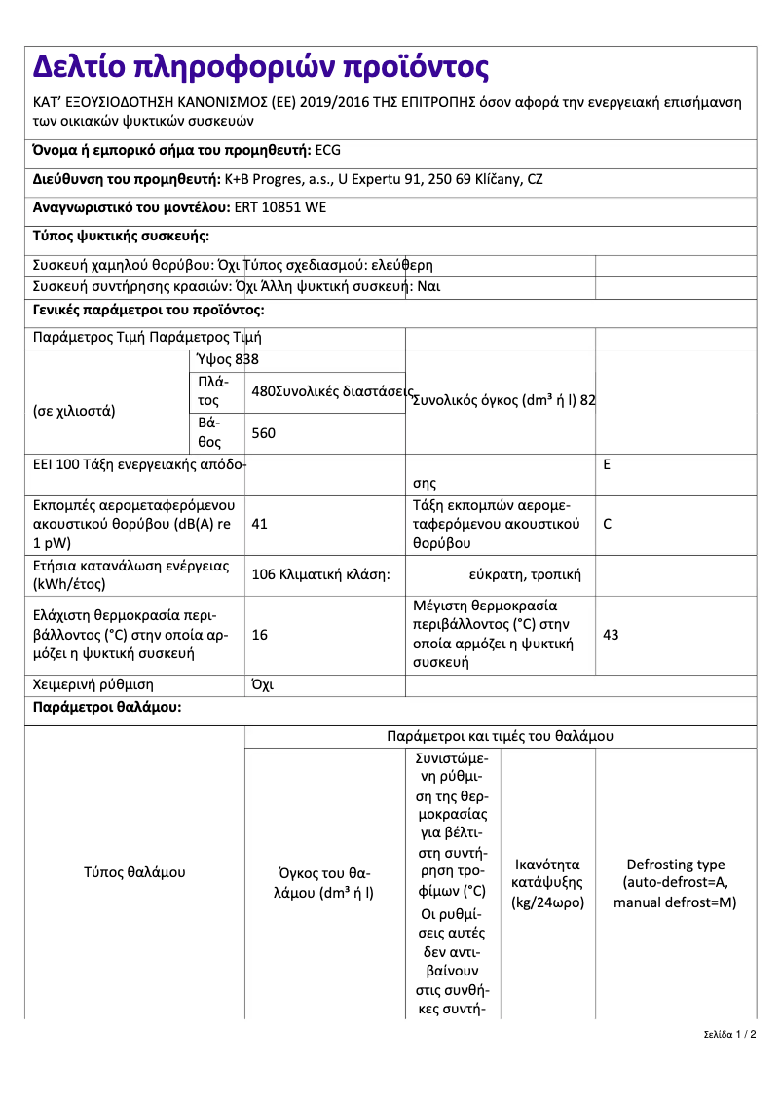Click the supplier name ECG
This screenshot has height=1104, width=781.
tap(329, 151)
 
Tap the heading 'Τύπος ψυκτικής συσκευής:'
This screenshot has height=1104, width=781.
tap(121, 236)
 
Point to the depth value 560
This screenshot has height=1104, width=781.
tap(263, 433)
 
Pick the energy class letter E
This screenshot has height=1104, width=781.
tap(607, 465)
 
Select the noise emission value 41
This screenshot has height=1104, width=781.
tap(259, 524)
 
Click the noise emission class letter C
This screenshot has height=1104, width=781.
tap(608, 524)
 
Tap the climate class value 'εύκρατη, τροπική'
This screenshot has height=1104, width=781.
tap(525, 575)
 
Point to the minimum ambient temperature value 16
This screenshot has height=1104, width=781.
tap(259, 635)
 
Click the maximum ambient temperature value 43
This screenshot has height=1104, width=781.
tap(611, 635)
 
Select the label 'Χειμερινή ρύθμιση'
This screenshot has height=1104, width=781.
tap(93, 685)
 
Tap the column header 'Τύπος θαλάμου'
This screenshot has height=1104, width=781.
tap(134, 872)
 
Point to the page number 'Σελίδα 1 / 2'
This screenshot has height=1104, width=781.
tap(729, 1034)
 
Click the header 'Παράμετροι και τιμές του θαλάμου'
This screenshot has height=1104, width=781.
tap(500, 736)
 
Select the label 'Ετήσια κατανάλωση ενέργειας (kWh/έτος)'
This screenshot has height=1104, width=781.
tap(130, 575)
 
